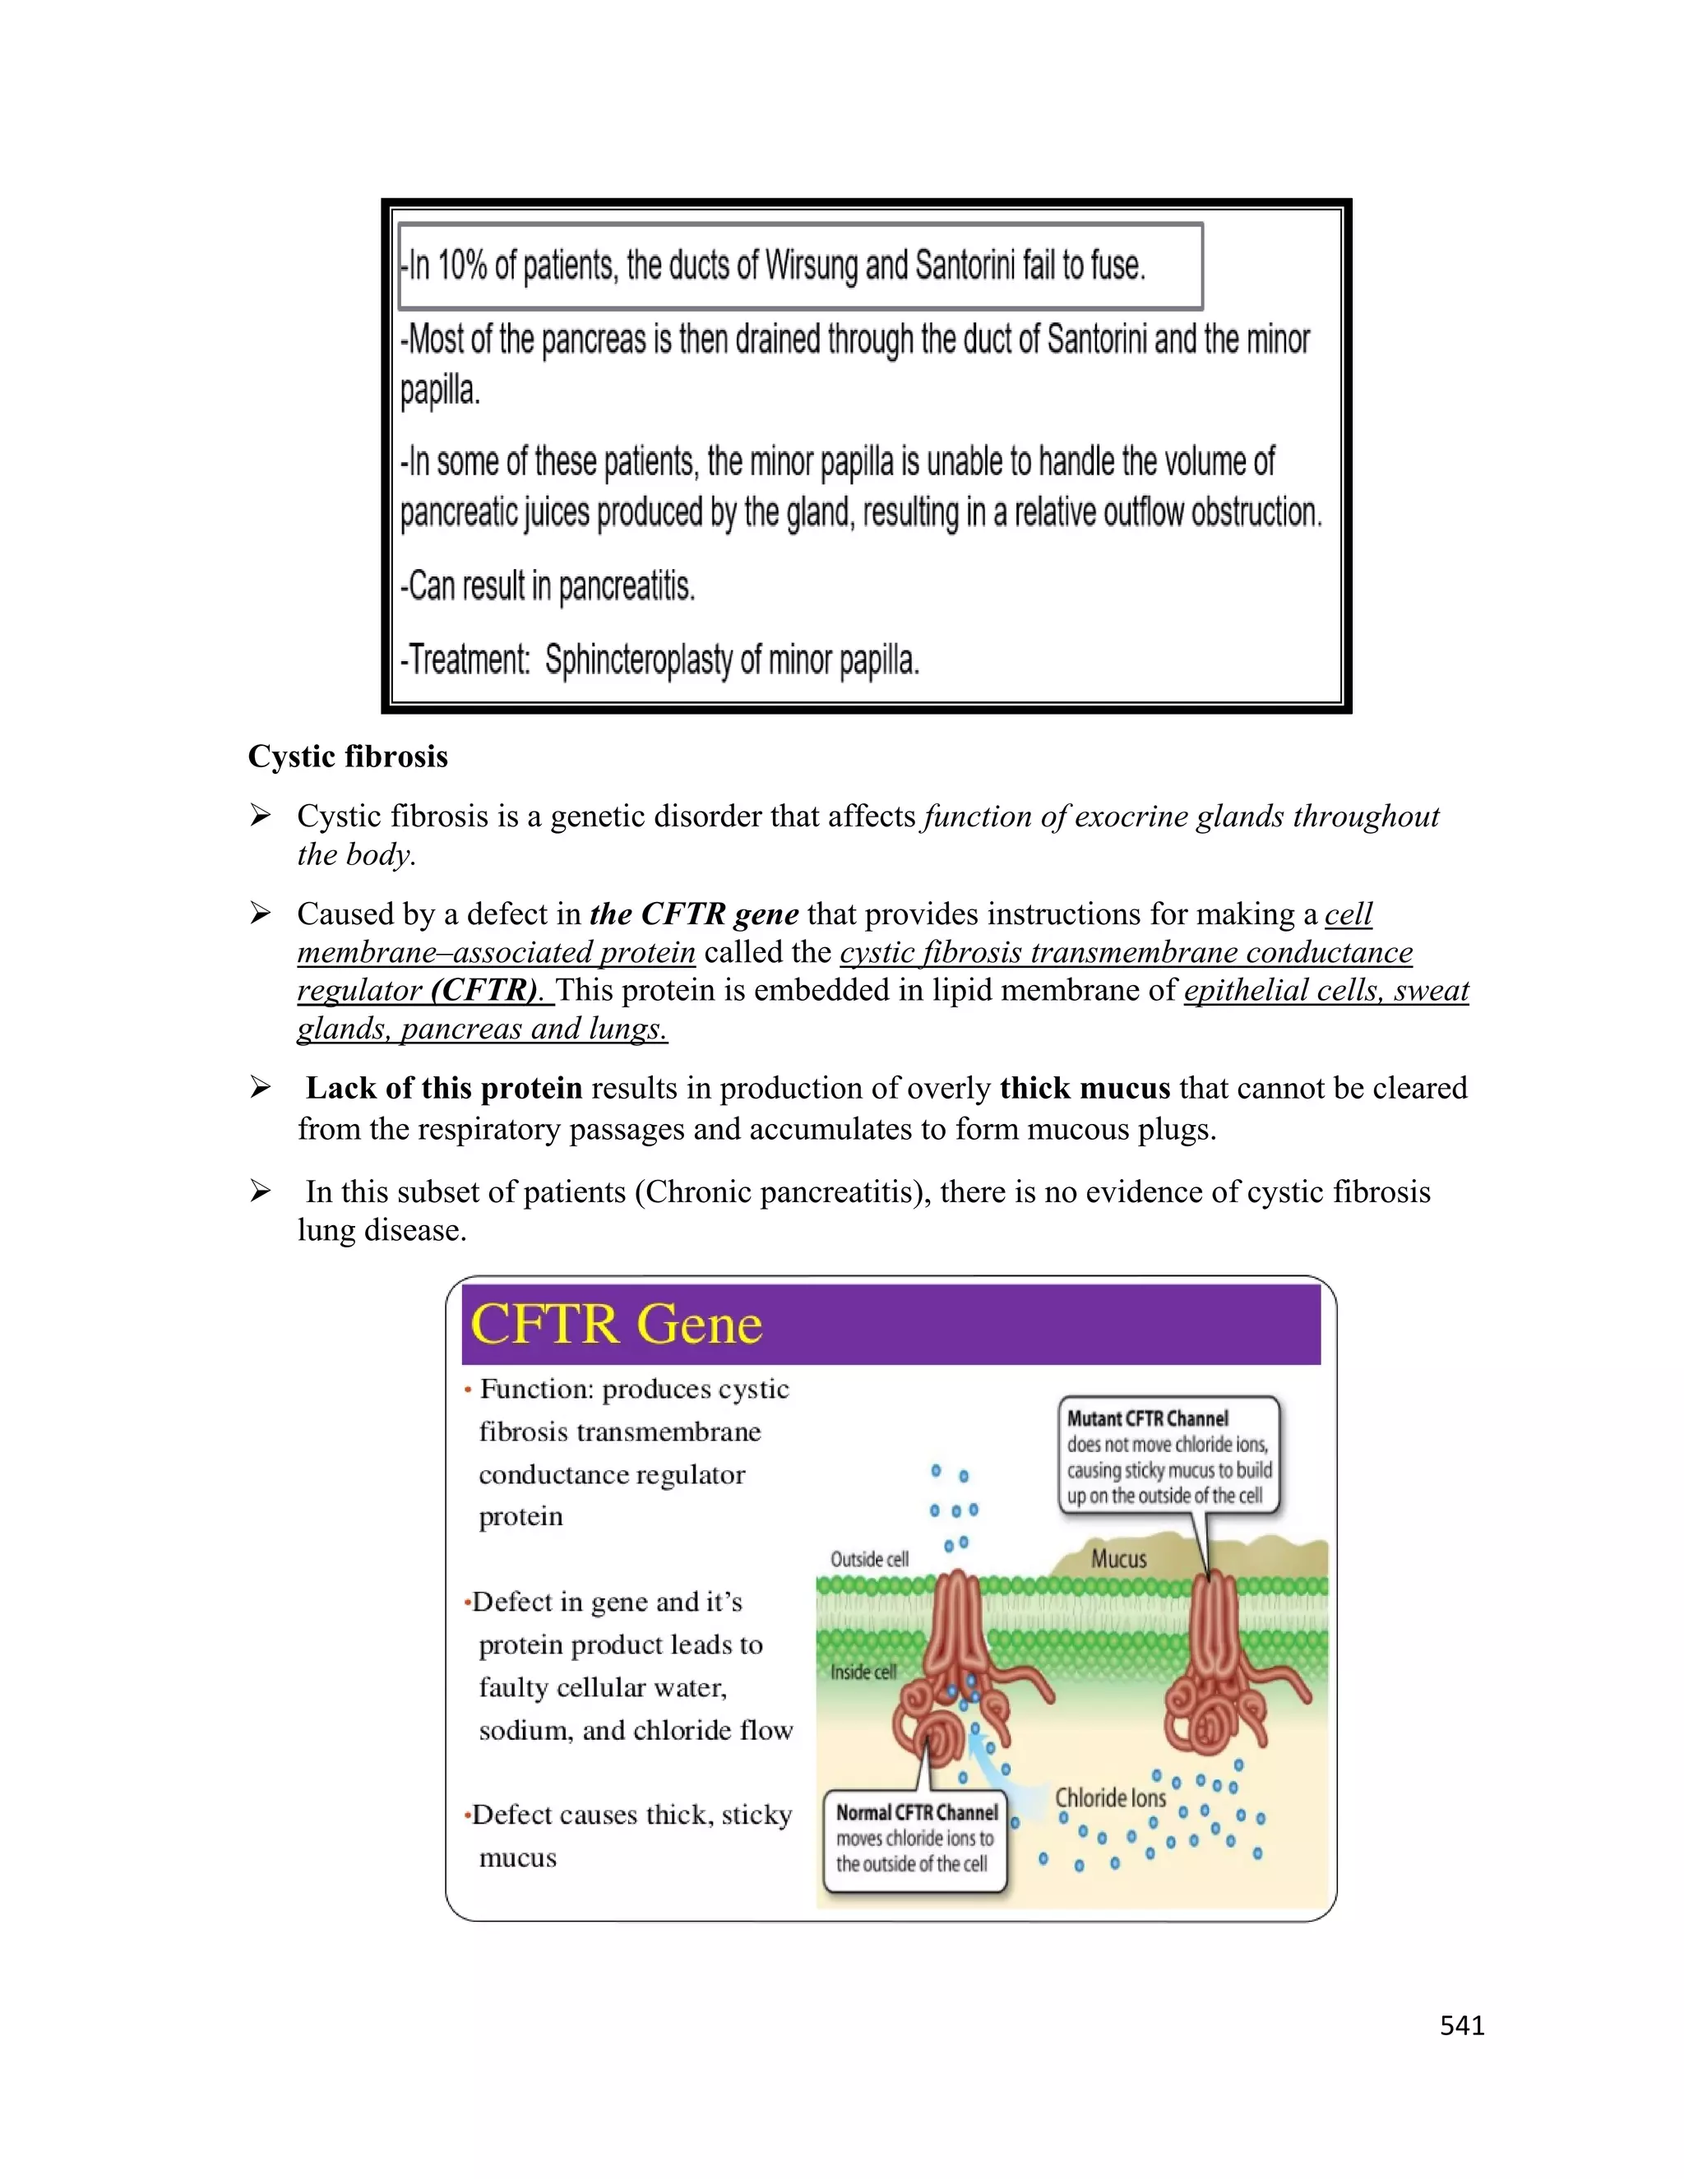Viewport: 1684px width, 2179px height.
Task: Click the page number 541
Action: point(1461,2024)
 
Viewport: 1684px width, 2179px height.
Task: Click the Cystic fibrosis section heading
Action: point(347,756)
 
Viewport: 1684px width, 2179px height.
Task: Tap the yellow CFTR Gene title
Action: point(616,1324)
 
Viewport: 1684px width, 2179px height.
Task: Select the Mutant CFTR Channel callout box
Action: point(1168,1455)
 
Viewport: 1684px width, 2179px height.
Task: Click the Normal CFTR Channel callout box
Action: point(915,1838)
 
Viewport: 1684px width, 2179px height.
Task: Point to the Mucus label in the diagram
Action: point(1118,1558)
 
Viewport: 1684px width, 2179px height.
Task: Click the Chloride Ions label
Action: point(1110,1797)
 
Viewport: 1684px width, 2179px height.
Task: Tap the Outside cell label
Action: point(869,1558)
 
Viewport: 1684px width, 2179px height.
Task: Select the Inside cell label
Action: point(863,1671)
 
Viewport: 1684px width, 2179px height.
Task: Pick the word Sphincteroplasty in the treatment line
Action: point(637,659)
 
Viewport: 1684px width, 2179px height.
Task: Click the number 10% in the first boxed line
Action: point(462,266)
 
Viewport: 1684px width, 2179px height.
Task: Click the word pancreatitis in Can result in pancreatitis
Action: point(626,585)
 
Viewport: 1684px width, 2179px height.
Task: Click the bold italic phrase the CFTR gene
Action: point(693,914)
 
